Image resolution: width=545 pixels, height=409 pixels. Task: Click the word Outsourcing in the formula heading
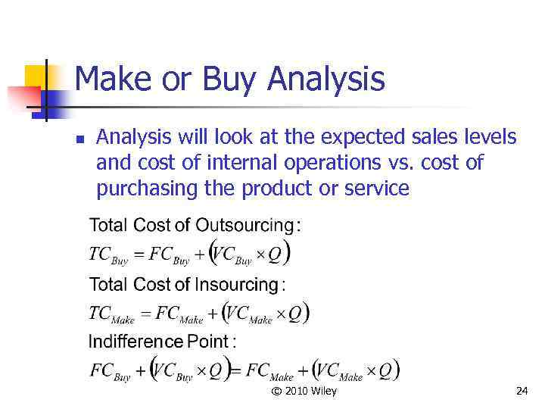tap(244, 225)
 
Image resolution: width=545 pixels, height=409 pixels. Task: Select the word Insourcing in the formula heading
tap(237, 285)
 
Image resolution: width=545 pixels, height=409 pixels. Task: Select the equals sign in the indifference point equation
tap(235, 371)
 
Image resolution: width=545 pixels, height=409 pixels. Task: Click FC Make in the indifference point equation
tap(269, 371)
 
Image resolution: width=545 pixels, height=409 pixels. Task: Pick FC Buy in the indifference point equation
tap(111, 371)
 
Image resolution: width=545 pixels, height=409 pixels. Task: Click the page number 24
tap(521, 391)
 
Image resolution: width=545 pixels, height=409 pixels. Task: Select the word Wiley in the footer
tap(325, 391)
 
